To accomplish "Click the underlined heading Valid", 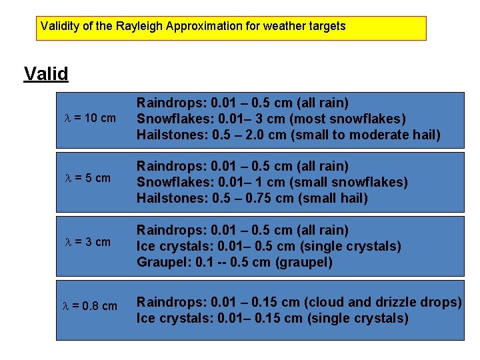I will pos(46,73).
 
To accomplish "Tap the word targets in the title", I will pos(325,27).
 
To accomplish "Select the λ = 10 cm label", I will pos(89,119).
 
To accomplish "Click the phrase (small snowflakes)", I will pos(355,182).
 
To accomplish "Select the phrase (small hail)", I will pos(333,198).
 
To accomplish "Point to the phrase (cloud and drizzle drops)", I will pos(383,302).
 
